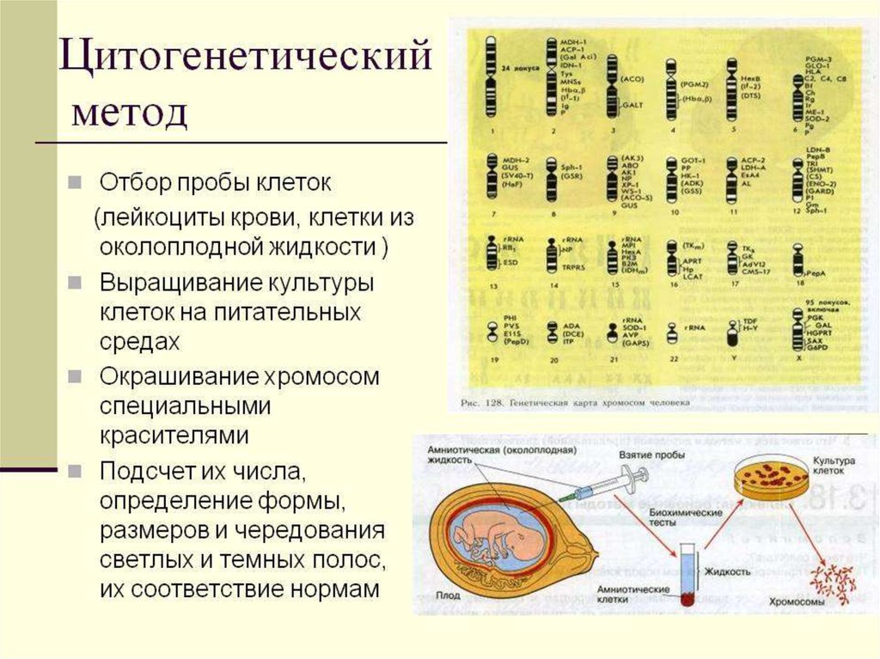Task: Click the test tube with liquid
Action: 687,577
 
